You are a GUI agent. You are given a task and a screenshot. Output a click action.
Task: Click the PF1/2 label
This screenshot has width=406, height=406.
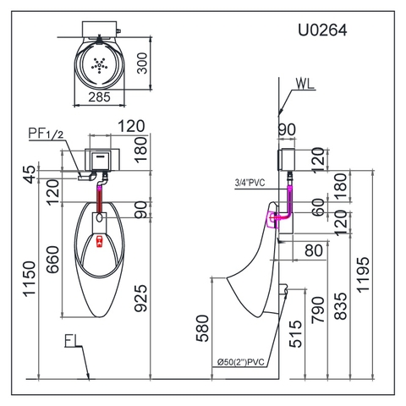(x=48, y=134)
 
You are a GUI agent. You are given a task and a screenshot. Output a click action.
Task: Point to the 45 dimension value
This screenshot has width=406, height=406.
(x=32, y=173)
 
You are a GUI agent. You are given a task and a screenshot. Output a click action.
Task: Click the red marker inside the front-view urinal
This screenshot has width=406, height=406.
(x=100, y=241)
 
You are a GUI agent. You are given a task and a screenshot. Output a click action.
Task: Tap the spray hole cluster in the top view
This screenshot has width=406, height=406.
(x=100, y=63)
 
